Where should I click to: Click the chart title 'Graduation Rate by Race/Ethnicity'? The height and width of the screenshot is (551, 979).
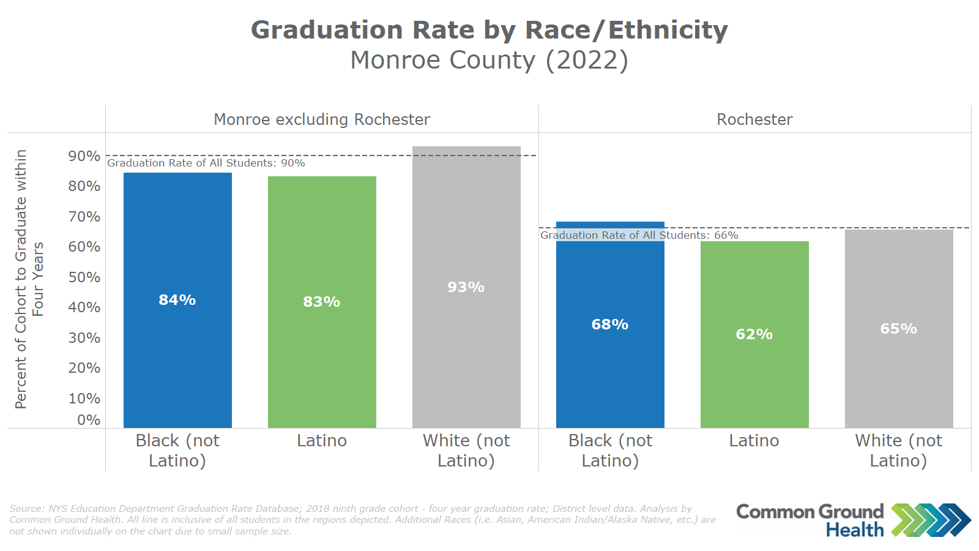point(489,30)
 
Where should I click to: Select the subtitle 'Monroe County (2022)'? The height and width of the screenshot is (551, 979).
point(489,60)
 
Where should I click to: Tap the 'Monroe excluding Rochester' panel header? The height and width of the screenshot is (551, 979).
point(322,119)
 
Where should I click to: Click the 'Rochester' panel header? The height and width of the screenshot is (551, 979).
point(754,119)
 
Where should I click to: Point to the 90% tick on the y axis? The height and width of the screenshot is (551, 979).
point(84,156)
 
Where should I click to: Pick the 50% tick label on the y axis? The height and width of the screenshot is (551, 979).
point(84,277)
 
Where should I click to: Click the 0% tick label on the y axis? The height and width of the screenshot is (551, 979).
point(89,420)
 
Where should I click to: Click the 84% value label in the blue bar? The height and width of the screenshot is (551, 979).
point(177,300)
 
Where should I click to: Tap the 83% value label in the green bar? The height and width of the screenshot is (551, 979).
point(322,302)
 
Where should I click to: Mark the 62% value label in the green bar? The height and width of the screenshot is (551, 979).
point(754,334)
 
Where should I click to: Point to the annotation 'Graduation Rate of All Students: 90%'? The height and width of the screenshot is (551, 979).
point(206,163)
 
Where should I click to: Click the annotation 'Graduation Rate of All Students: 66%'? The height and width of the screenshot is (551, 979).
point(639,235)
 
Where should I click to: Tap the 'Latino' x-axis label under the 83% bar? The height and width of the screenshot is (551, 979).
point(322,441)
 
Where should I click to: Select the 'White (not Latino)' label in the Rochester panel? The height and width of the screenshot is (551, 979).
point(899,451)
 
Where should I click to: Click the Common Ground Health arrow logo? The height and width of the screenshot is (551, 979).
point(931,520)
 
